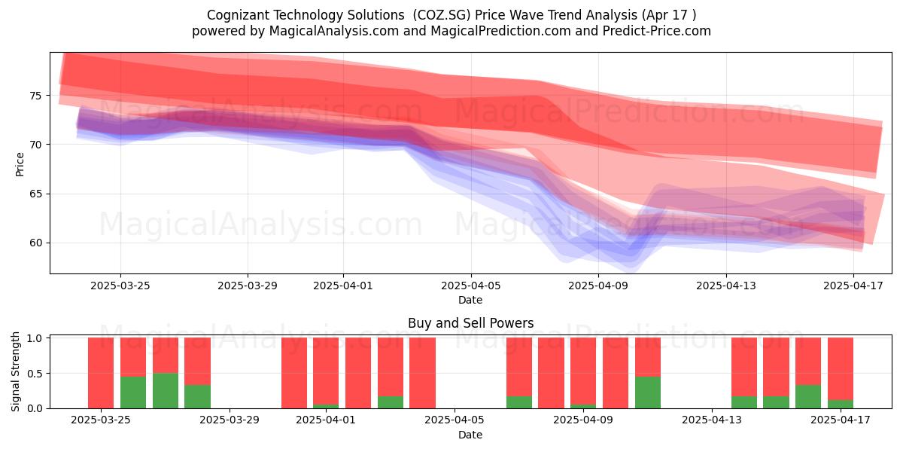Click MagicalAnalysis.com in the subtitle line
pos(334,31)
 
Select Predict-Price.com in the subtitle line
pos(657,31)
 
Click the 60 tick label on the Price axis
pos(35,243)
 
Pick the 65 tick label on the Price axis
pos(35,194)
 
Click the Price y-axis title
pos(20,164)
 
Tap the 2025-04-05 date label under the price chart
pos(470,286)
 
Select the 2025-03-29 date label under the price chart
pos(248,286)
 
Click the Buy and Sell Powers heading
pos(470,323)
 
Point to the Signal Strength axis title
pos(15,371)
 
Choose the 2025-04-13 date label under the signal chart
pos(712,420)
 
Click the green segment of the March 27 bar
pos(166,391)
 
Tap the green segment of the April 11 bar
pos(648,392)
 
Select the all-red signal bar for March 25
pos(101,373)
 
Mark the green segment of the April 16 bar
pos(808,397)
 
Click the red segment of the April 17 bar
pos(841,368)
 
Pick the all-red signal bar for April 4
pos(422,373)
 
